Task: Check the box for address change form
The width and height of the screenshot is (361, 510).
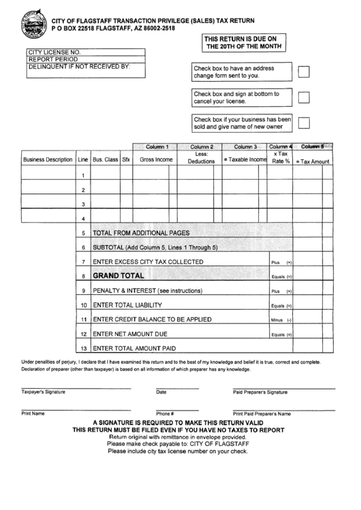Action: click(x=304, y=72)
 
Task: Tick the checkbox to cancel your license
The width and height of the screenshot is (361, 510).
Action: click(x=304, y=97)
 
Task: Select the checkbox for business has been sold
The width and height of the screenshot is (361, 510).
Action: click(x=304, y=123)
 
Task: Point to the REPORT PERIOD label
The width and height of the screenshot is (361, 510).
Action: click(x=50, y=59)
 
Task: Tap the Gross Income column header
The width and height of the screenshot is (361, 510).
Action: click(x=156, y=160)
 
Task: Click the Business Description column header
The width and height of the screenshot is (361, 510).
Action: click(x=48, y=160)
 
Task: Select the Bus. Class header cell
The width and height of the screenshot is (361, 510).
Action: click(x=105, y=160)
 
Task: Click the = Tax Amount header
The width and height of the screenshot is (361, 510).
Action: click(x=312, y=161)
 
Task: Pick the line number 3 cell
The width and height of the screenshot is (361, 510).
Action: click(x=82, y=204)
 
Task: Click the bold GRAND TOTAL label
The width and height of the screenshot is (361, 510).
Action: click(x=119, y=276)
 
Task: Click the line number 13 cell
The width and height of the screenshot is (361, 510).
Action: click(x=82, y=349)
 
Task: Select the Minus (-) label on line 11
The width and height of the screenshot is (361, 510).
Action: click(x=281, y=320)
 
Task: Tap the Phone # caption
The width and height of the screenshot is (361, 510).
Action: click(x=165, y=414)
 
